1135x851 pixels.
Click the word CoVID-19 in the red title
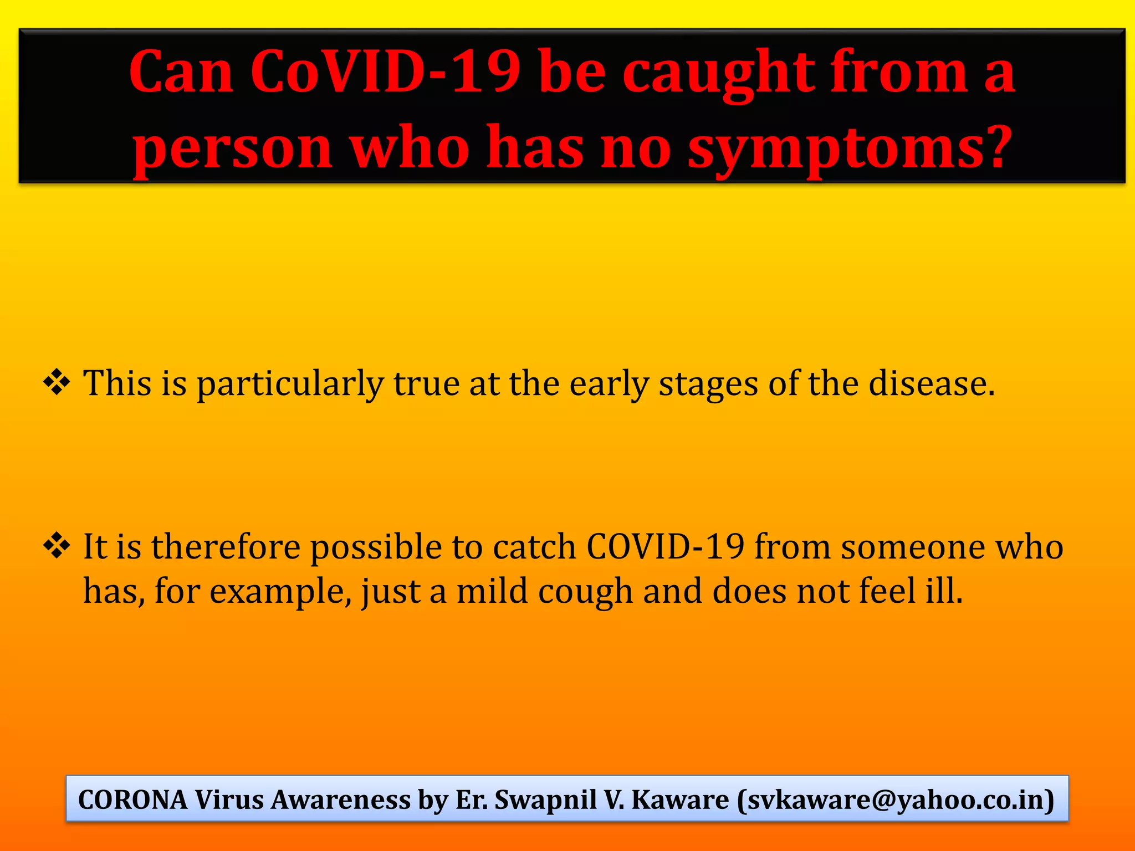385,72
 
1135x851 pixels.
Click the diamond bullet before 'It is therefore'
57,546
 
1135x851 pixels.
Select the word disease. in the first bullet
932,383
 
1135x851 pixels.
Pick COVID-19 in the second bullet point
665,547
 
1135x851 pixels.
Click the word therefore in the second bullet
225,547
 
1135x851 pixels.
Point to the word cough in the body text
585,591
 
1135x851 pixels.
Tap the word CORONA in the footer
133,800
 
